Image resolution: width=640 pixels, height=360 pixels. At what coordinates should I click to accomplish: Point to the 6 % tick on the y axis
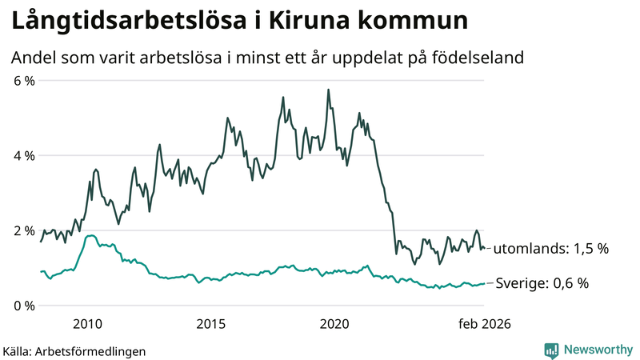(x=23, y=81)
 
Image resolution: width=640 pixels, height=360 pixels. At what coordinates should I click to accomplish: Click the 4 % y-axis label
(x=23, y=155)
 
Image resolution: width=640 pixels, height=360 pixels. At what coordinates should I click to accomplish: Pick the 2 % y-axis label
(x=23, y=230)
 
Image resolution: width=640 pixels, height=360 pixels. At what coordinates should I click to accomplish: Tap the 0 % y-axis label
(x=23, y=306)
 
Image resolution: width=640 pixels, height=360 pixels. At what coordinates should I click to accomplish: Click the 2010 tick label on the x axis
(x=87, y=324)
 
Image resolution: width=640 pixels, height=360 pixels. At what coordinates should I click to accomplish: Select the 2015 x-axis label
(x=211, y=324)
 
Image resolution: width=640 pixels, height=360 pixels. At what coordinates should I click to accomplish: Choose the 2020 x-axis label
(x=334, y=324)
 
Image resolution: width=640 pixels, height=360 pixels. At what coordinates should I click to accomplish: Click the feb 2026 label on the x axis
(x=484, y=324)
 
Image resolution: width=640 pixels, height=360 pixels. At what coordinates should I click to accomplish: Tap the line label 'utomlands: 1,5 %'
(x=550, y=249)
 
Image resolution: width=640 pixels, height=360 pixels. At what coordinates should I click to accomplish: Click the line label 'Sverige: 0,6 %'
(x=542, y=282)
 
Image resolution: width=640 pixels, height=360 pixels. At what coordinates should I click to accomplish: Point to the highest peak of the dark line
(x=328, y=90)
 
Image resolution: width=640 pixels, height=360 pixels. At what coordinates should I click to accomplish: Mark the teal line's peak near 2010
(x=90, y=235)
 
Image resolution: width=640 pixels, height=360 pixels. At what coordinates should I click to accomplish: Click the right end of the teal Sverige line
(x=484, y=283)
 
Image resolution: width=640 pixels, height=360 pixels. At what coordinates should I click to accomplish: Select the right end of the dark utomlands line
(x=484, y=248)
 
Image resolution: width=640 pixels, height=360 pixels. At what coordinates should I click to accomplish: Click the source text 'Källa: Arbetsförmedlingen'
(x=74, y=350)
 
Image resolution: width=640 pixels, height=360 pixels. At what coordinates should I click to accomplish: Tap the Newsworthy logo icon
(x=551, y=350)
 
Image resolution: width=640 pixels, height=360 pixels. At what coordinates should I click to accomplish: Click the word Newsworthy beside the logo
(x=597, y=350)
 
